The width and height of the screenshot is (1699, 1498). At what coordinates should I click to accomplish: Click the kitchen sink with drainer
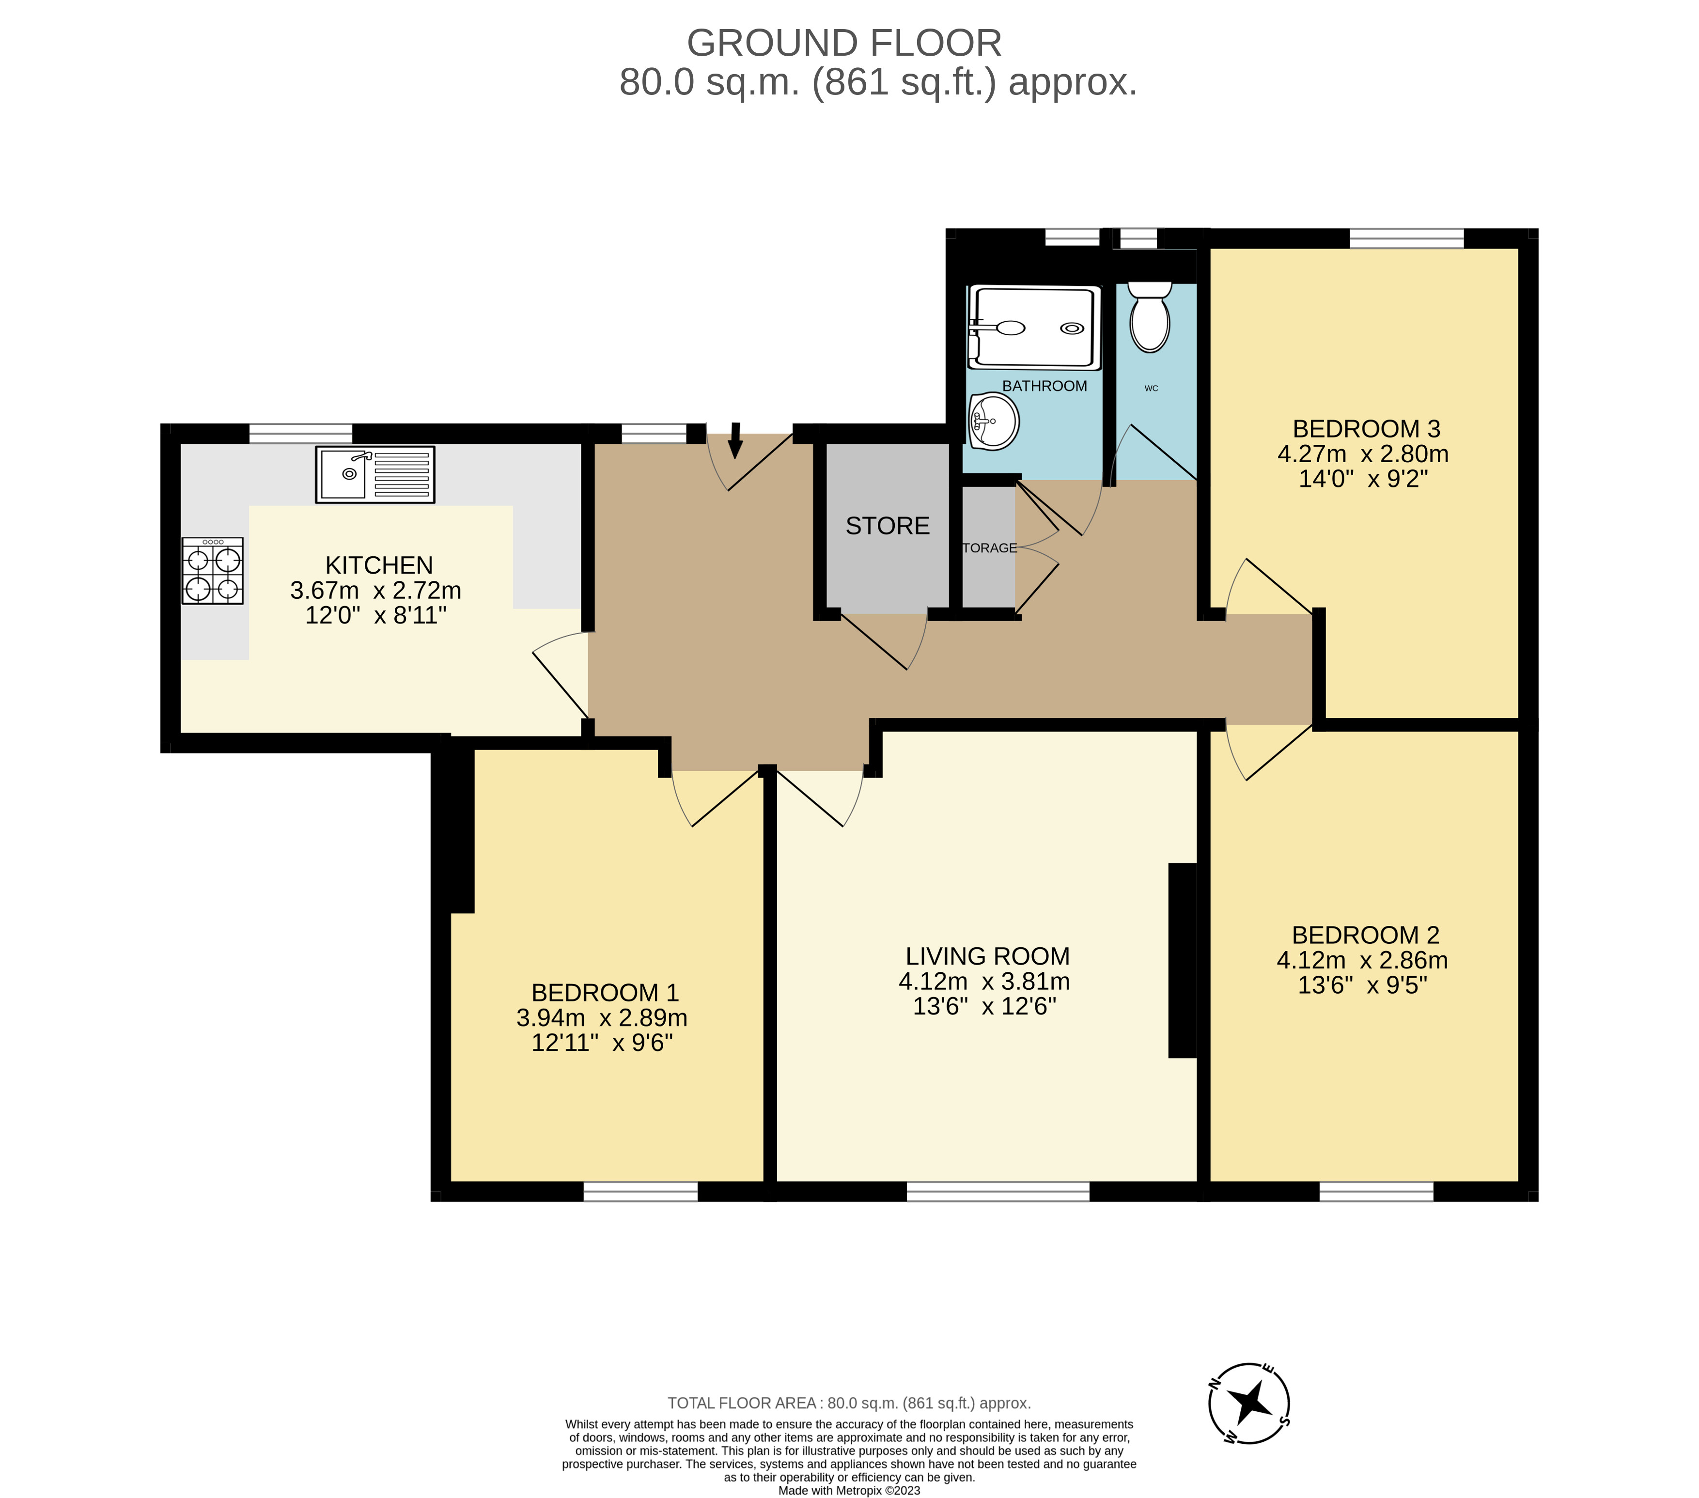tap(375, 475)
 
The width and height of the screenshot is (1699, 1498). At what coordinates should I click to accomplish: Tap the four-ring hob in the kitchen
tap(213, 570)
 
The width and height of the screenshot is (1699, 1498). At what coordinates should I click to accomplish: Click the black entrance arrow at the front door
tap(735, 440)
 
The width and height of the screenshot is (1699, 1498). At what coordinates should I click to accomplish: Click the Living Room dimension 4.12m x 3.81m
tap(984, 982)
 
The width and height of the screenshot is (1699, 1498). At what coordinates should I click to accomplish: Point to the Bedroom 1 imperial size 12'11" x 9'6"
tap(602, 1043)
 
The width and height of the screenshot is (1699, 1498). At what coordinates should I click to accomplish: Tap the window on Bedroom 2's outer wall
tap(1376, 1191)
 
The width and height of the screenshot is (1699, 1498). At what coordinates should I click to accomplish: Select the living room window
tap(998, 1191)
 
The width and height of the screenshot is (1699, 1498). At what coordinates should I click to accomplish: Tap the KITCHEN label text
tap(379, 565)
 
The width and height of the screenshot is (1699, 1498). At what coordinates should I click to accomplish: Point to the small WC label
tap(1151, 388)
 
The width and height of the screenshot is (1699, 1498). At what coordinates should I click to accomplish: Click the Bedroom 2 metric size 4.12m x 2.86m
tap(1362, 960)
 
